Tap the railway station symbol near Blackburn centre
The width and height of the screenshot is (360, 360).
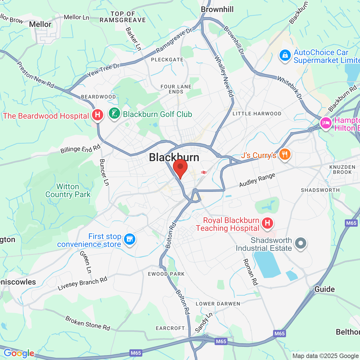click(x=204, y=172)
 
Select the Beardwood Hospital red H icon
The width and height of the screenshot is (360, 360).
click(x=98, y=115)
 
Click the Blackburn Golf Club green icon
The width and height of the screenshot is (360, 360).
click(x=114, y=114)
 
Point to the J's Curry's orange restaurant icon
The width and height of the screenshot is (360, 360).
click(x=285, y=154)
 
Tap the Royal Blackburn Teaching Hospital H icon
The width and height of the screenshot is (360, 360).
click(x=267, y=223)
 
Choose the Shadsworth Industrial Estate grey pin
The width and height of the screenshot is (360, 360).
click(x=300, y=243)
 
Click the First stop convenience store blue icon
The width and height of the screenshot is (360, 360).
click(x=129, y=239)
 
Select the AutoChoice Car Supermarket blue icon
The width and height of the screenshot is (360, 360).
click(x=285, y=55)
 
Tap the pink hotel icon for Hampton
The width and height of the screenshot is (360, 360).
click(x=326, y=123)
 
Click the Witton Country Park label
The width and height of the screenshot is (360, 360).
click(x=68, y=191)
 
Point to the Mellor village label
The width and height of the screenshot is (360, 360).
click(x=40, y=24)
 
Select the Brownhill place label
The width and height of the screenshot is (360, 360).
click(x=217, y=10)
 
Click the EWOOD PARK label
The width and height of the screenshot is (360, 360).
click(x=166, y=274)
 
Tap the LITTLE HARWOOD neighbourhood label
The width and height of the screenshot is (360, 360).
click(x=257, y=114)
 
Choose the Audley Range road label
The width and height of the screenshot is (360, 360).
click(x=257, y=180)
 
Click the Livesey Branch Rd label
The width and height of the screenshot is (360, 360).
click(x=82, y=283)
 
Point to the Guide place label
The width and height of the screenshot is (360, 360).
click(x=325, y=289)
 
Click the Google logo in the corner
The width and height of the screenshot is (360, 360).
click(x=19, y=353)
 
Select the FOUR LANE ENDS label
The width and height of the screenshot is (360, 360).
click(x=176, y=89)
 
